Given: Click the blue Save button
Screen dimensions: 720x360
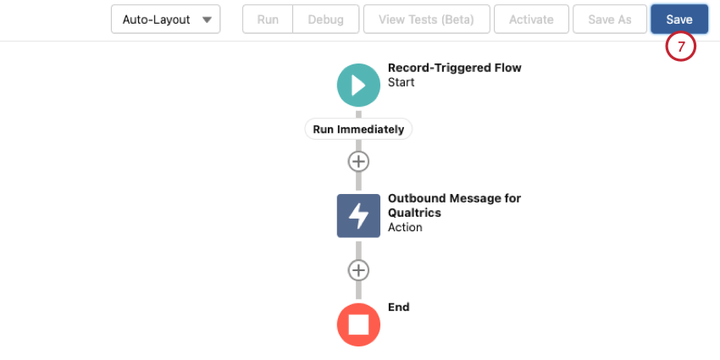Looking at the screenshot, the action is (x=679, y=19).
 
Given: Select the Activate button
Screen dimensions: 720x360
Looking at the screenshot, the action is (x=531, y=19).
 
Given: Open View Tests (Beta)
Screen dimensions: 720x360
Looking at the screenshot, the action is (x=426, y=19).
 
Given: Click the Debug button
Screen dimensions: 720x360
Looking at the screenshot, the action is (x=325, y=19).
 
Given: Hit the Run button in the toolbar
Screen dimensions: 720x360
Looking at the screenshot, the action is (x=268, y=19).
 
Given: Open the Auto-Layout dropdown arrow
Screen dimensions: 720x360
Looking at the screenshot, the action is (x=207, y=19).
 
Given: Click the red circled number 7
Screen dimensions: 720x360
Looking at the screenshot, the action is (x=681, y=47).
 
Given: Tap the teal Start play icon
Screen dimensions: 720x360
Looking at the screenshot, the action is (x=358, y=86).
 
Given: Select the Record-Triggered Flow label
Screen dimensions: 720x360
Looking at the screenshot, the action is (x=455, y=68).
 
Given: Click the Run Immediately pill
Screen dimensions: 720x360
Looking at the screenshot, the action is (x=358, y=130).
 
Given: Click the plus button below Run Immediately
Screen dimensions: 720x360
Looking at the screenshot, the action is (x=358, y=162).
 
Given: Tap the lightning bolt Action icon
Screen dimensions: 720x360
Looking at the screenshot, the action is (x=358, y=216).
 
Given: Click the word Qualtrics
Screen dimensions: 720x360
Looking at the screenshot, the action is (x=414, y=213).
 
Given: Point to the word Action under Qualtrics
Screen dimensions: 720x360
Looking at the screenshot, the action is (x=405, y=227).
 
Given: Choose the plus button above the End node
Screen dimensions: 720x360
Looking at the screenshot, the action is (x=358, y=270).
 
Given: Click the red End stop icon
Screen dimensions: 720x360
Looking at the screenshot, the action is (x=358, y=324).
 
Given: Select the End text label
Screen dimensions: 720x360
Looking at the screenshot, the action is (x=399, y=307).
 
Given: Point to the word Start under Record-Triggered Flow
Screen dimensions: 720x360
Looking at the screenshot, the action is (x=401, y=83).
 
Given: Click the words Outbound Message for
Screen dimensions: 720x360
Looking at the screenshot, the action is (x=455, y=198).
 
